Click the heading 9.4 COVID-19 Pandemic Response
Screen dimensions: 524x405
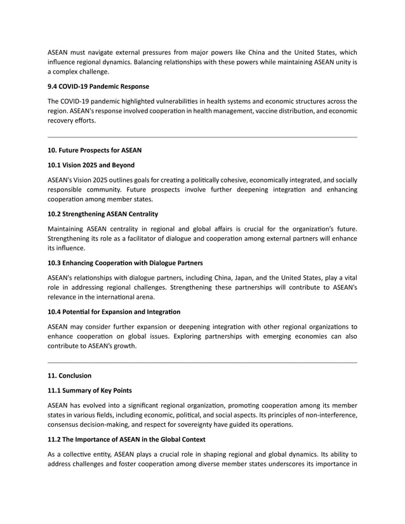pyautogui.click(x=98, y=86)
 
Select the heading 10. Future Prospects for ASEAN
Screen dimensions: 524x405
pyautogui.click(x=95, y=150)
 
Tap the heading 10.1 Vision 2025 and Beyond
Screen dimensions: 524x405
pyautogui.click(x=91, y=165)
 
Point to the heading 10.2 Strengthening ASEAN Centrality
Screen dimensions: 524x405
pyautogui.click(x=103, y=214)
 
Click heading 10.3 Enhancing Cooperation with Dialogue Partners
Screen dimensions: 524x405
pyautogui.click(x=125, y=263)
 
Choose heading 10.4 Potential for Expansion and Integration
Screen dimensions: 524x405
pyautogui.click(x=114, y=311)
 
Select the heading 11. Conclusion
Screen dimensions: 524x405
pyautogui.click(x=70, y=376)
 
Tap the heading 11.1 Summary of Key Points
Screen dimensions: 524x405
pyautogui.click(x=90, y=390)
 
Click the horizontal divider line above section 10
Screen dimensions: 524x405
pyautogui.click(x=202, y=137)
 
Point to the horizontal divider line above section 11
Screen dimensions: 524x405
pyautogui.click(x=202, y=362)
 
